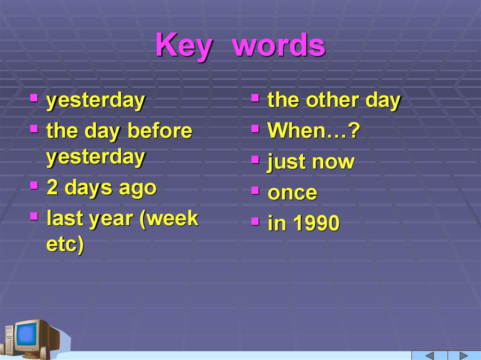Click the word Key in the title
[x=183, y=46]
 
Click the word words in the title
[x=279, y=46]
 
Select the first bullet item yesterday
[x=96, y=101]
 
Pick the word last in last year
[x=64, y=218]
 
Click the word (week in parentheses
[x=169, y=218]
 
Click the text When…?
[x=313, y=131]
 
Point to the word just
[x=286, y=162]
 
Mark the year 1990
[x=317, y=224]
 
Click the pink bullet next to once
[x=255, y=191]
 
